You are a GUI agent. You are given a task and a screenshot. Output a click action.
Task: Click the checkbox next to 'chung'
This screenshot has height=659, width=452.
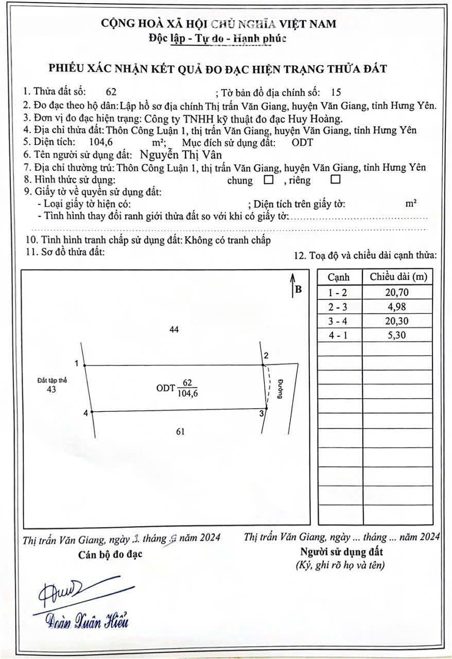pyautogui.click(x=268, y=181)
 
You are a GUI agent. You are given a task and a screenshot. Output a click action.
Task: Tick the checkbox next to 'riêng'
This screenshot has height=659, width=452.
pyautogui.click(x=334, y=180)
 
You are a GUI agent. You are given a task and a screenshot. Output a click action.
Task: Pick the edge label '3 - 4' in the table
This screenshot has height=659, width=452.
pyautogui.click(x=339, y=321)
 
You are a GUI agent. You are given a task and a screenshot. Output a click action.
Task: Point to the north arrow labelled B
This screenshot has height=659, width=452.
pyautogui.click(x=295, y=286)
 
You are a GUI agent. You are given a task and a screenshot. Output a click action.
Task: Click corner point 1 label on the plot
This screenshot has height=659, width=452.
pyautogui.click(x=76, y=363)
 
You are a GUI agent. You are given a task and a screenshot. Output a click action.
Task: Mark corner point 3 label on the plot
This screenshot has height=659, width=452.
pyautogui.click(x=262, y=414)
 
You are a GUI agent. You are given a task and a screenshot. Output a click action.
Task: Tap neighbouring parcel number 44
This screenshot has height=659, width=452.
pyautogui.click(x=174, y=330)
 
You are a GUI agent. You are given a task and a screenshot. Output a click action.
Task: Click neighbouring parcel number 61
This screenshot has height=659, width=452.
pyautogui.click(x=180, y=432)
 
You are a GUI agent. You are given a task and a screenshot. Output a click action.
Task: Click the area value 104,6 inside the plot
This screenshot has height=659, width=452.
pyautogui.click(x=187, y=394)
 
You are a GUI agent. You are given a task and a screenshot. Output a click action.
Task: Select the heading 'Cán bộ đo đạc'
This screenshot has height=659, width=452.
pyautogui.click(x=110, y=554)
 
